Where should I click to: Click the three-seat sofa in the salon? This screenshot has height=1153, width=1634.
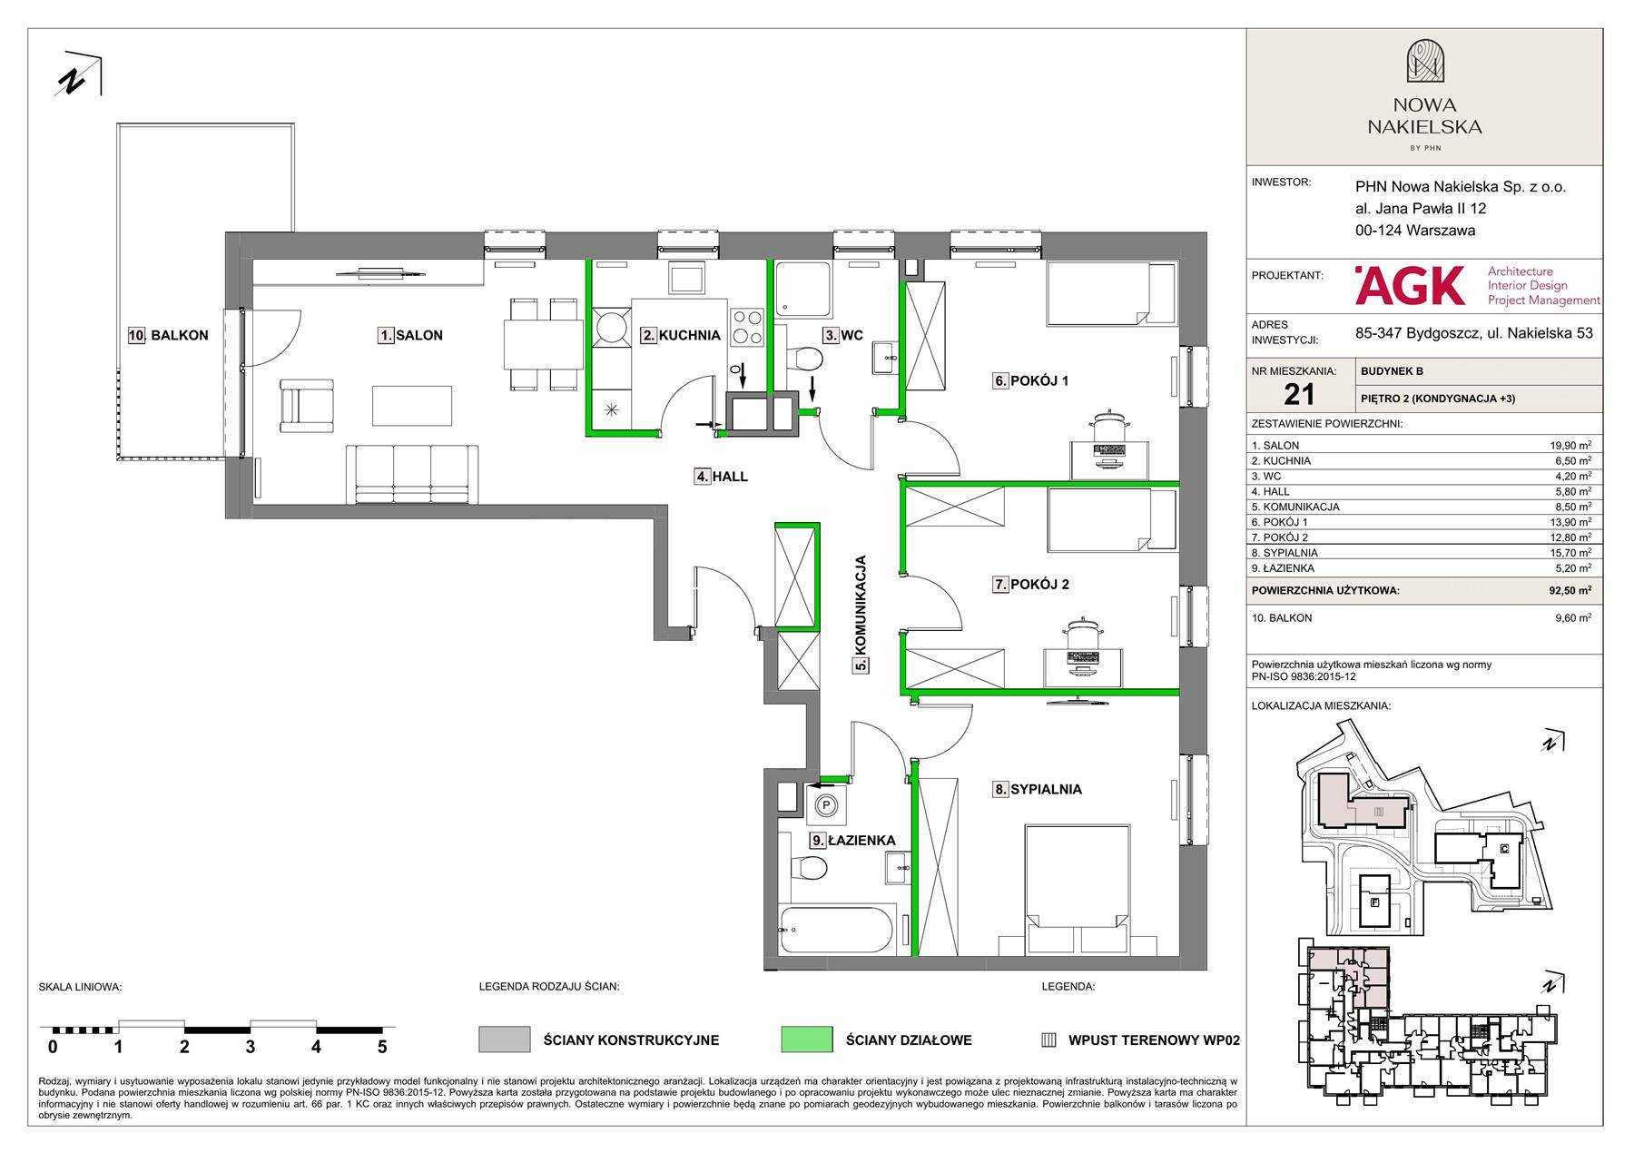pos(412,474)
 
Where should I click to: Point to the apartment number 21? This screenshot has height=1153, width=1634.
pos(1299,393)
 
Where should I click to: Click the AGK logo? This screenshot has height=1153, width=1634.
pos(1410,285)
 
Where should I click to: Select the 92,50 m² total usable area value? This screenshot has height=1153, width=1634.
pos(1570,590)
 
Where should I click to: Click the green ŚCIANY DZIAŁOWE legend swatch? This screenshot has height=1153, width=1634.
pos(806,1040)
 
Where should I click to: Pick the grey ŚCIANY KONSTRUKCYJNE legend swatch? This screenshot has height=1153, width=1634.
pos(505,1040)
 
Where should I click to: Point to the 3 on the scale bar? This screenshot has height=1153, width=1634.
pos(251,1047)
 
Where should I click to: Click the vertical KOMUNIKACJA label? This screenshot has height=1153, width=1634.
pos(861,614)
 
